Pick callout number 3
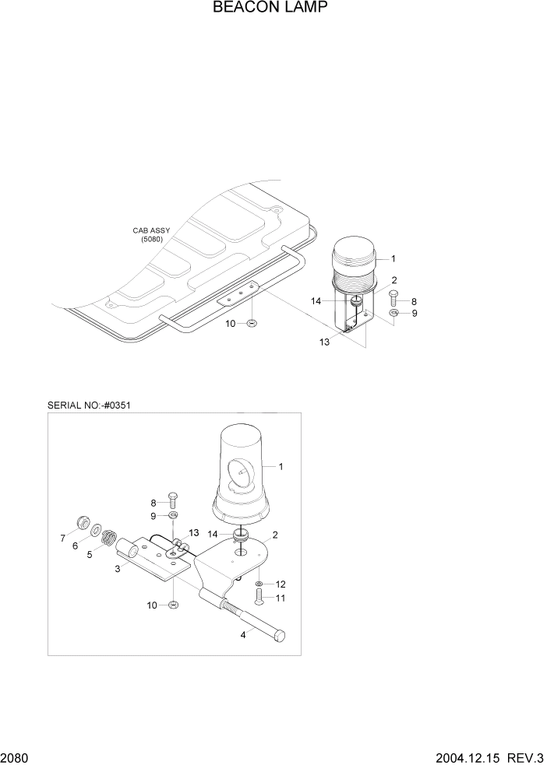click(x=118, y=570)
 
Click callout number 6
click(x=76, y=546)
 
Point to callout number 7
click(x=62, y=537)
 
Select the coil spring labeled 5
click(x=110, y=539)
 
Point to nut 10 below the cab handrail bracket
click(x=252, y=322)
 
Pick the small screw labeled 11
click(x=259, y=598)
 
